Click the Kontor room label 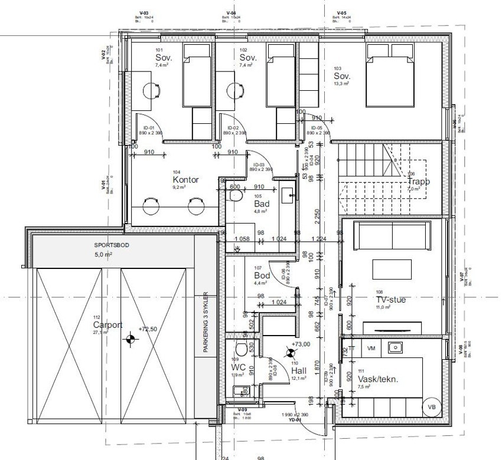(x=185, y=180)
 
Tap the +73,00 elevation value (x=301, y=344)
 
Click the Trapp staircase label (x=418, y=182)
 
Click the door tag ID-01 (x=148, y=128)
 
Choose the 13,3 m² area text (x=341, y=84)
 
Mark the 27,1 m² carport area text (x=100, y=333)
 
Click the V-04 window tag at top (x=232, y=12)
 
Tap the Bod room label (x=262, y=275)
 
